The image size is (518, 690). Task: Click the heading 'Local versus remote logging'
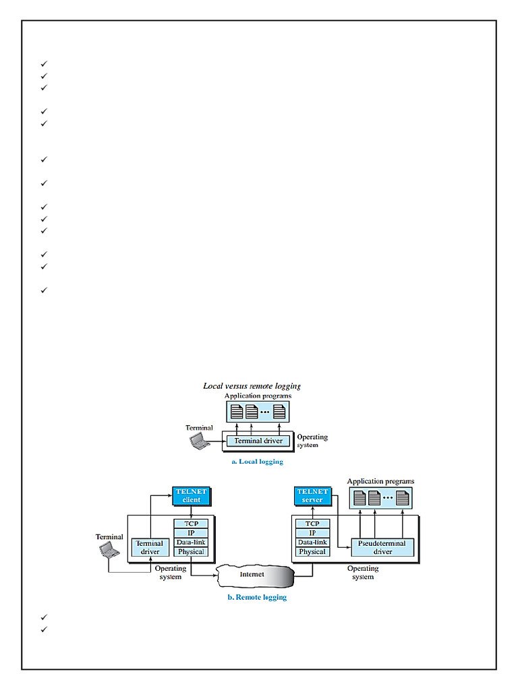point(252,386)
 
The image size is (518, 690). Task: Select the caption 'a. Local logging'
point(257,462)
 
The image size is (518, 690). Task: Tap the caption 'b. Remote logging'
point(256,598)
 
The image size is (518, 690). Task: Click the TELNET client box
point(192,496)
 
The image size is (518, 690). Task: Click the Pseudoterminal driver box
point(382,547)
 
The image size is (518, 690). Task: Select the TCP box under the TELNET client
point(191,524)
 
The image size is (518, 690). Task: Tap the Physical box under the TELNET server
point(312,552)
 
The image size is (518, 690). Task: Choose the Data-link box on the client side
point(191,542)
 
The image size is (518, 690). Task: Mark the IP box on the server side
point(312,533)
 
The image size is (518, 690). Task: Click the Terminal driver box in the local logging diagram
point(258,441)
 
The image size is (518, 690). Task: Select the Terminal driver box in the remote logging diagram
point(150,547)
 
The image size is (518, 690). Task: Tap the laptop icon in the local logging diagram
point(199,441)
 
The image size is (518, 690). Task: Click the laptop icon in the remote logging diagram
point(109,551)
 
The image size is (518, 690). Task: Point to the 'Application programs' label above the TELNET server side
point(380,482)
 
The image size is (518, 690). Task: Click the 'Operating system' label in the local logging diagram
point(312,441)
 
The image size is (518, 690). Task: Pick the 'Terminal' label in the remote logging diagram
point(109,537)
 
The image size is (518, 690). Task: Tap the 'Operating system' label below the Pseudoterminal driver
point(363,573)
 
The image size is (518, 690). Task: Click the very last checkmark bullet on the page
point(44,629)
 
